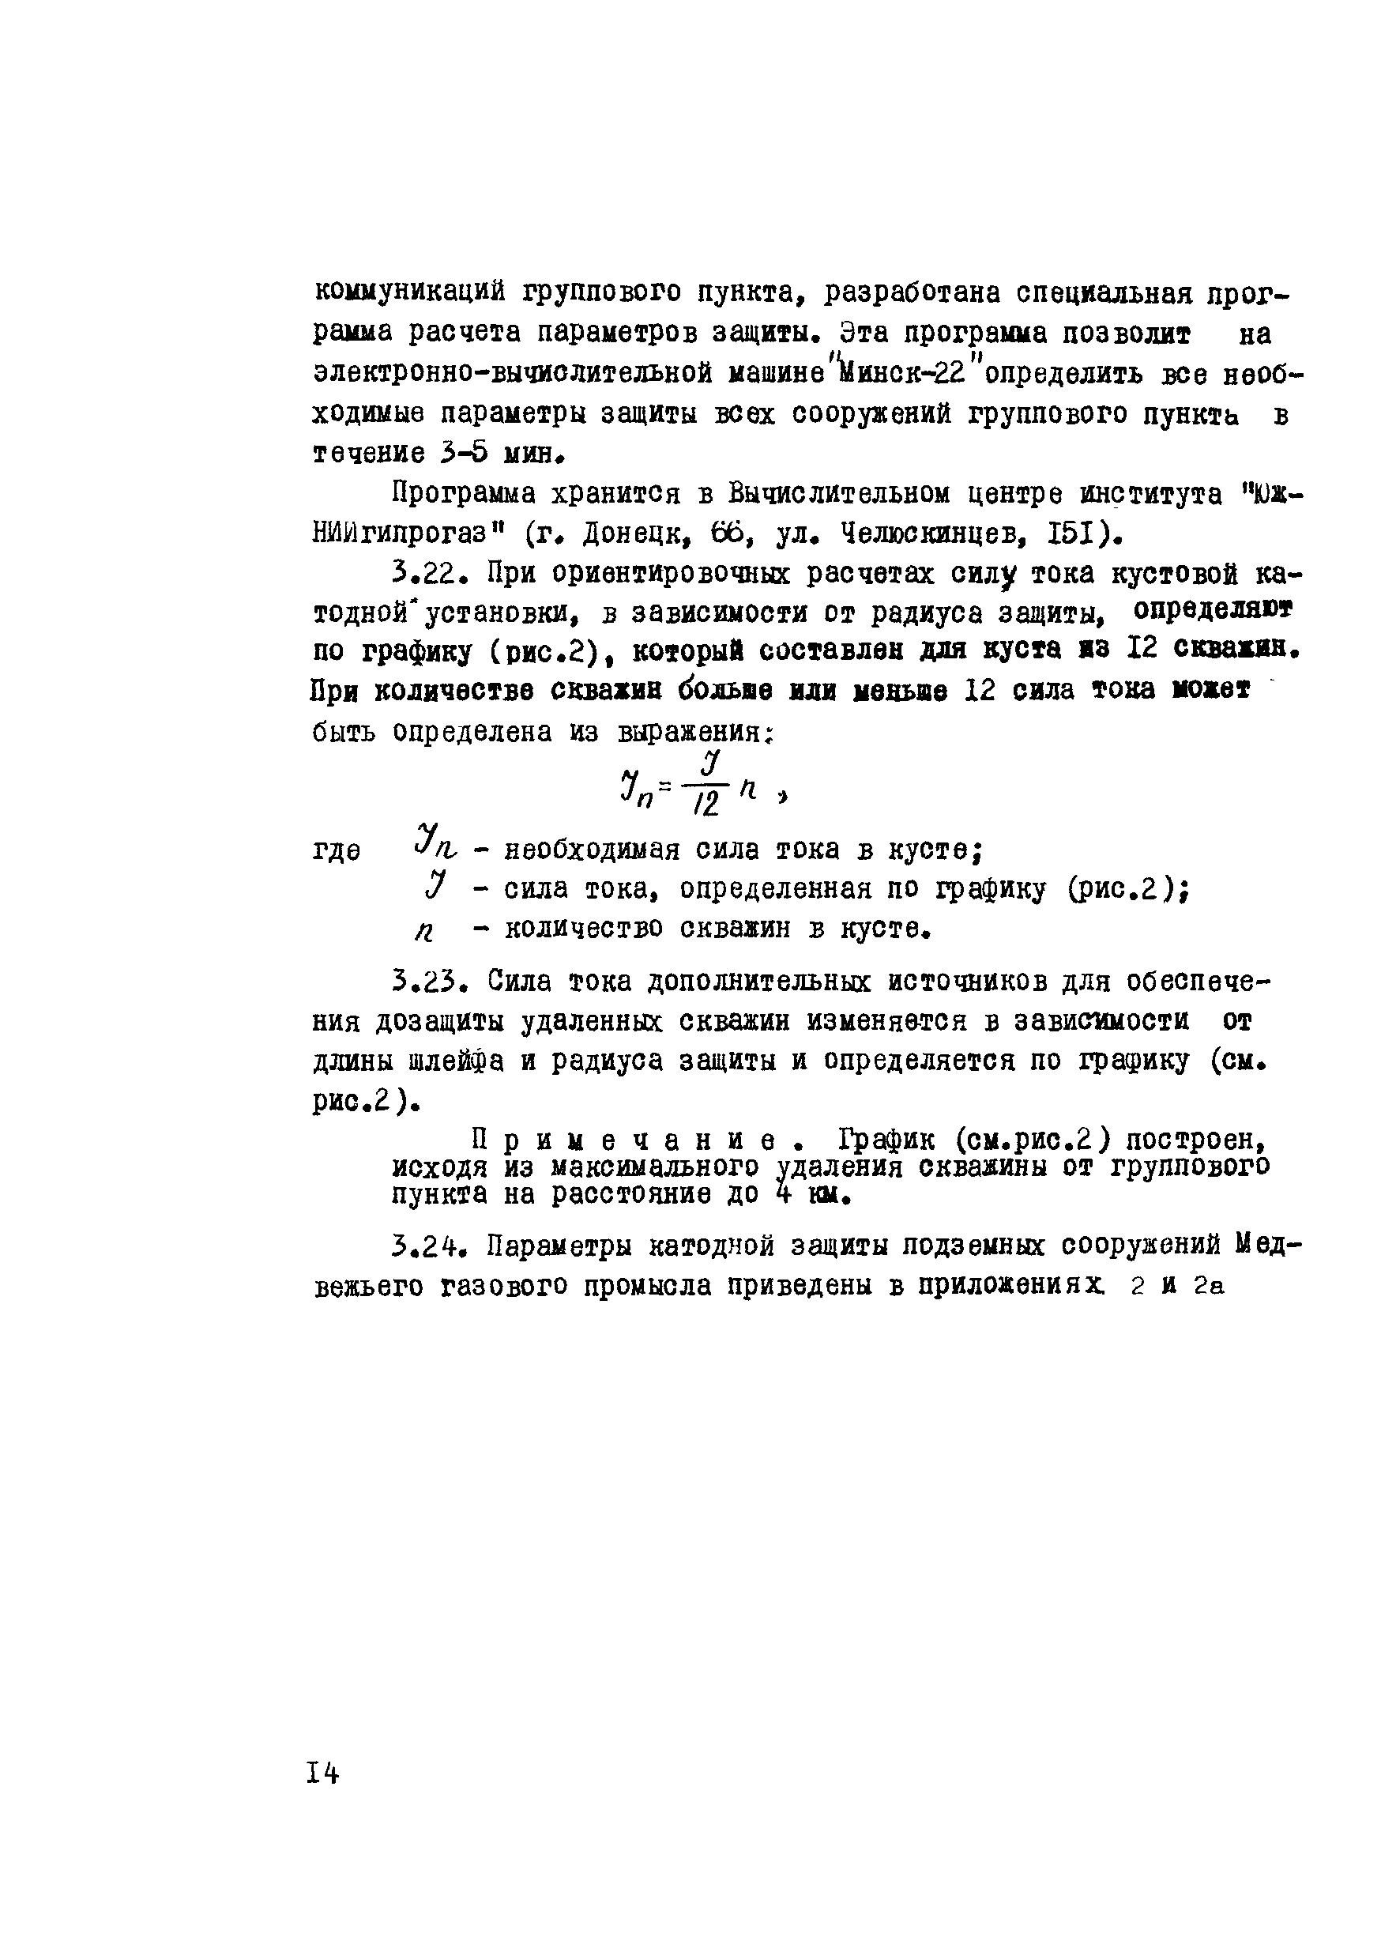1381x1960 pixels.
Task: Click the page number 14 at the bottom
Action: (322, 1774)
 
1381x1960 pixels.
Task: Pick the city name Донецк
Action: (635, 534)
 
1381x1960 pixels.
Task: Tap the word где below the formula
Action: (337, 851)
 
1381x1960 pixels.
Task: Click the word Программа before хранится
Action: (461, 493)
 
